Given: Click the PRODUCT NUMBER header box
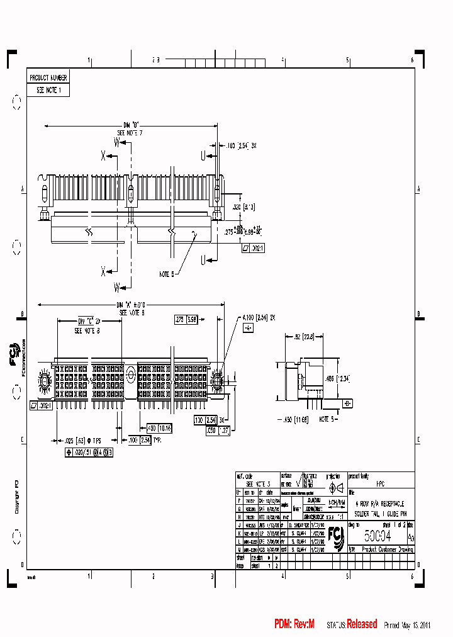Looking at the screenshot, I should (x=48, y=77).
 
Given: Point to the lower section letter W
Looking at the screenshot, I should (x=117, y=288).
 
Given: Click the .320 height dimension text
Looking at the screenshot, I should (x=236, y=206).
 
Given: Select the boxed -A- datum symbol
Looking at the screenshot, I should (x=249, y=328).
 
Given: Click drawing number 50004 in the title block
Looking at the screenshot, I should (x=377, y=536).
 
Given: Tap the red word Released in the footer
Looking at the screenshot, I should (x=362, y=624).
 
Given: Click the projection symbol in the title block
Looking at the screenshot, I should (x=335, y=488).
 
